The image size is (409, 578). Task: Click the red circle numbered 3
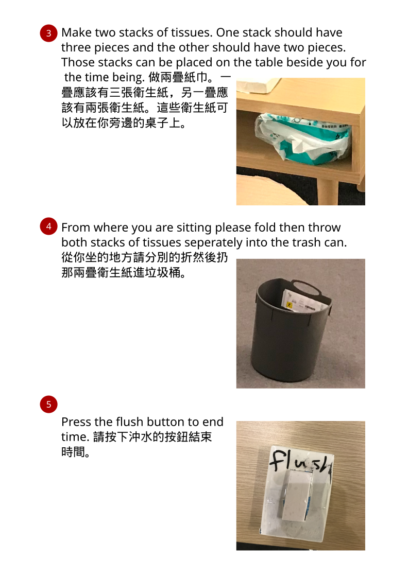(48, 33)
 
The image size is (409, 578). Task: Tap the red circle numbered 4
(48, 226)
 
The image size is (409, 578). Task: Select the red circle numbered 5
(48, 405)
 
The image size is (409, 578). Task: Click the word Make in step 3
(77, 32)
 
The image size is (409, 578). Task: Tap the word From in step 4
(76, 227)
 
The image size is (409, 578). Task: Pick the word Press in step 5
(76, 422)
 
